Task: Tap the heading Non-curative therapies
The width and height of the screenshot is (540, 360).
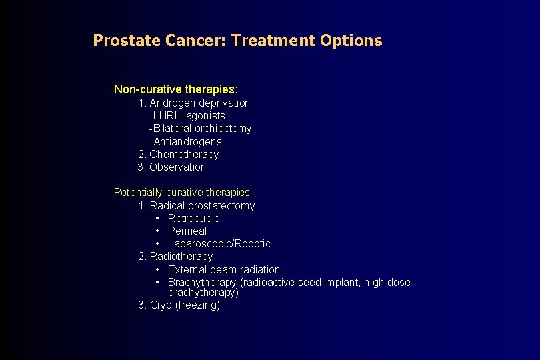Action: coord(176,89)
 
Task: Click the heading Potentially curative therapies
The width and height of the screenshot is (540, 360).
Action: coord(183,193)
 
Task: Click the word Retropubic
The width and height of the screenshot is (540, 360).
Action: coord(193,219)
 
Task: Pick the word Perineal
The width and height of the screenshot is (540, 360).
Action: coord(187,231)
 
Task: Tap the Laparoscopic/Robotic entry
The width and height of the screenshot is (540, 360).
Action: coord(219,244)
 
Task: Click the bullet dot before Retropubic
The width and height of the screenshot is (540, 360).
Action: coord(157,219)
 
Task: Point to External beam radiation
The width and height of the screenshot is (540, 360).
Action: coord(224,270)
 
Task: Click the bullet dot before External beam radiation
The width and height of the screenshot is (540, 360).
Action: coord(157,270)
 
